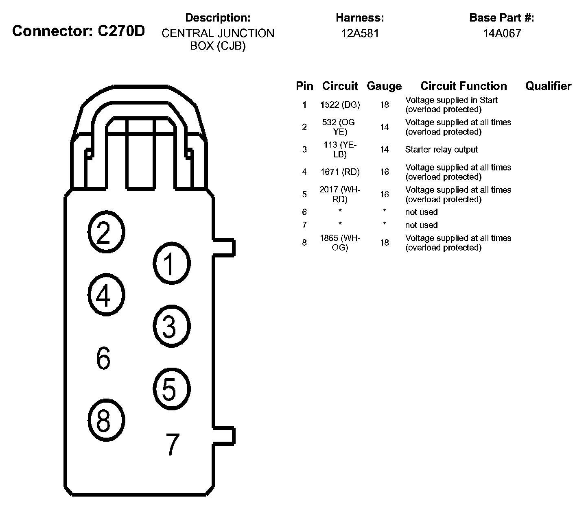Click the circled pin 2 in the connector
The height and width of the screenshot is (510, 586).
tap(106, 233)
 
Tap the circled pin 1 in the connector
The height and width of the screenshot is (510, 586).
tap(172, 263)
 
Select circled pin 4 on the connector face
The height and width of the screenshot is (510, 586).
tap(106, 295)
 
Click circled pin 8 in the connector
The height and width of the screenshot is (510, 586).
tap(106, 420)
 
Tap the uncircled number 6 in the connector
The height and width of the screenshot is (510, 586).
tap(103, 358)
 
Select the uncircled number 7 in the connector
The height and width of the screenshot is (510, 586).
tap(173, 444)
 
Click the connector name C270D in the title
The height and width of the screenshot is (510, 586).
tap(121, 31)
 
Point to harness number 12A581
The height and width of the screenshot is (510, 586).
tap(360, 33)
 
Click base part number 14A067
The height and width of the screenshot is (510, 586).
tap(502, 33)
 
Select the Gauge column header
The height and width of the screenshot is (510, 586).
tap(384, 86)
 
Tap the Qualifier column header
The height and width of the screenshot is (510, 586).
tap(548, 86)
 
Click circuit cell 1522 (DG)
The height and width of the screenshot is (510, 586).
tap(340, 105)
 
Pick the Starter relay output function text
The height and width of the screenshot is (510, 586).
tap(441, 150)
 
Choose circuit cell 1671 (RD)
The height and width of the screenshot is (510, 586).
tap(340, 172)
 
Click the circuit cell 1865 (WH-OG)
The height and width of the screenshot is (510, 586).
tap(340, 243)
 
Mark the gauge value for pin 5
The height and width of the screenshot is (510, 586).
tap(385, 194)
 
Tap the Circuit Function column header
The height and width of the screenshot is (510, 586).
tap(464, 86)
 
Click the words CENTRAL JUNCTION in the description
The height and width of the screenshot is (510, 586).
tap(218, 33)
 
